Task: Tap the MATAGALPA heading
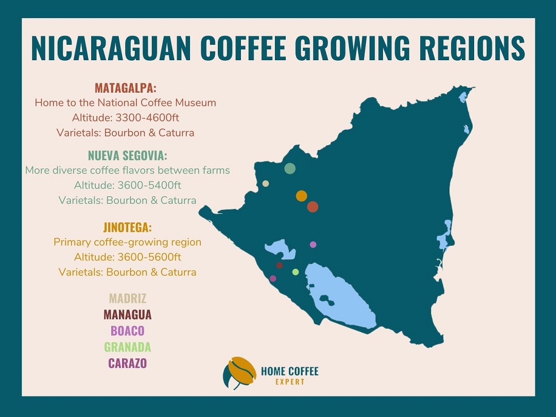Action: click(126, 88)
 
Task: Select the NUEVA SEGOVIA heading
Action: click(128, 155)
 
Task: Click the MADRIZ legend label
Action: click(128, 298)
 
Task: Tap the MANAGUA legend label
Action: click(128, 314)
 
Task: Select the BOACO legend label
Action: click(128, 331)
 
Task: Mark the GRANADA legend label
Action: click(128, 346)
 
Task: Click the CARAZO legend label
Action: click(128, 363)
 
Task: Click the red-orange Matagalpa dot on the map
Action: click(312, 207)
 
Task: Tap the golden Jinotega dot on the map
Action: click(302, 196)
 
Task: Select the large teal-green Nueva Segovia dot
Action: click(290, 168)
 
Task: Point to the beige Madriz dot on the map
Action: click(266, 183)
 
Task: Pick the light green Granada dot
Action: click(296, 272)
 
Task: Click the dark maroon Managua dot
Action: click(280, 266)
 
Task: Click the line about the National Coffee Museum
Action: click(126, 102)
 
